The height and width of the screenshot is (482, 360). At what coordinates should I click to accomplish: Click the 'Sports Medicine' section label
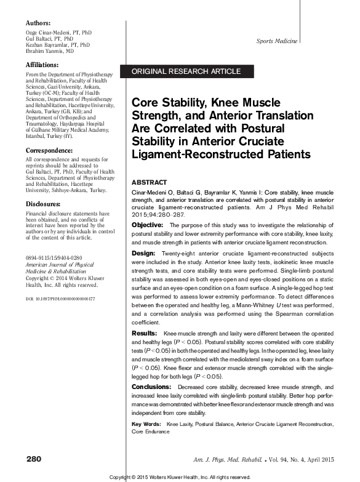click(276, 41)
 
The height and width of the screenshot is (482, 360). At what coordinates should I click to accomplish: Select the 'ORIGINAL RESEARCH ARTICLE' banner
click(186, 72)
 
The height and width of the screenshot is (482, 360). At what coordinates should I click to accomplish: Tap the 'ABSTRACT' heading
click(149, 183)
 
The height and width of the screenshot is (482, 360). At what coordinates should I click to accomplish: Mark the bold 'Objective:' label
click(148, 225)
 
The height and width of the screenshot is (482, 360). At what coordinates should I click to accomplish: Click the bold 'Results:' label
click(145, 333)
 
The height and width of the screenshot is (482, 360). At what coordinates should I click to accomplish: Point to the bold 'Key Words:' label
click(147, 425)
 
